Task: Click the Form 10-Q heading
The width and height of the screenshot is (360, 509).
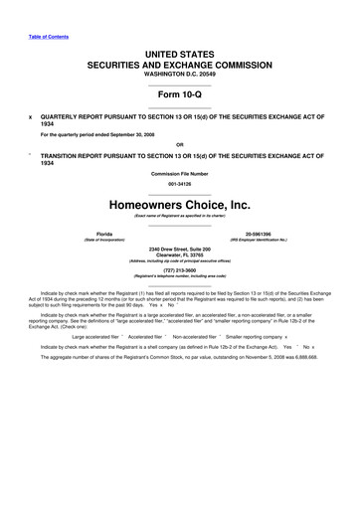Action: click(x=180, y=90)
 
